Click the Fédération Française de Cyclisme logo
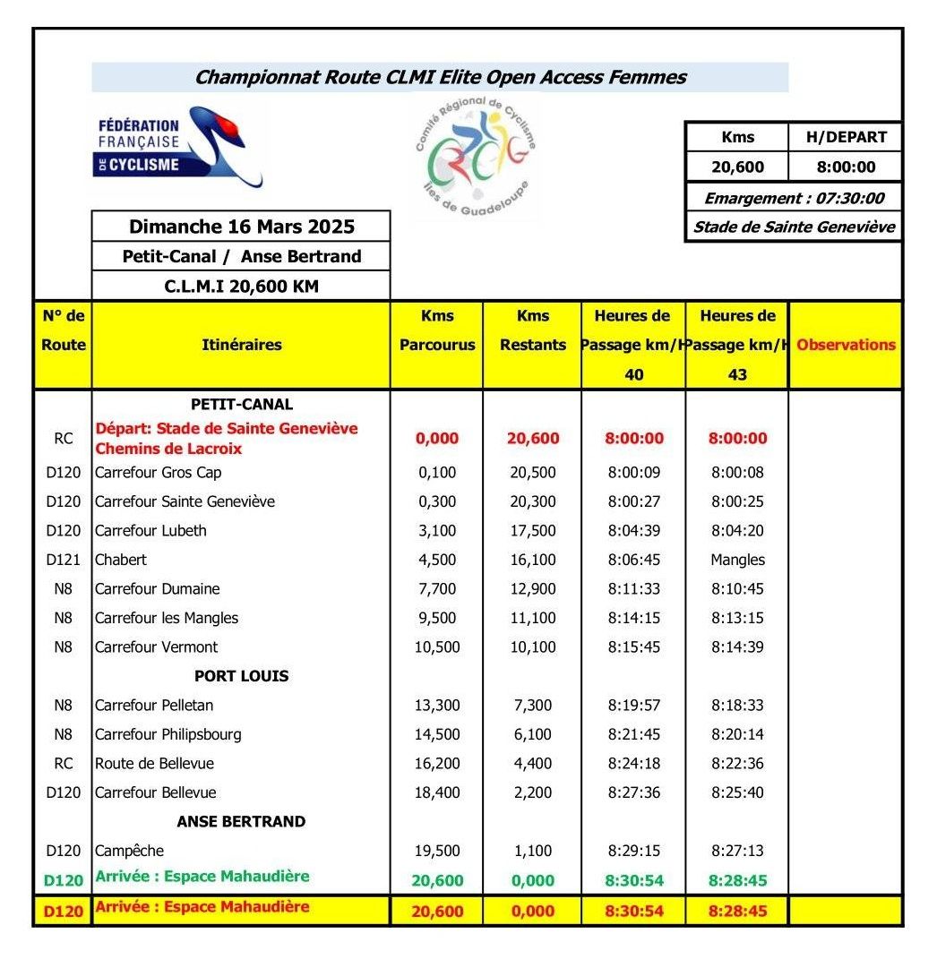click(177, 148)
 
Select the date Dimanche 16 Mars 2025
click(242, 227)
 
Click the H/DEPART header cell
click(845, 137)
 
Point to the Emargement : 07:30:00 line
click(794, 198)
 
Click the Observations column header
click(846, 345)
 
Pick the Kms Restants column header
click(533, 330)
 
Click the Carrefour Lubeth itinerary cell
click(150, 530)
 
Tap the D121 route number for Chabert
click(64, 560)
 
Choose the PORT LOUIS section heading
click(242, 676)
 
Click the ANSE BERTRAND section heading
click(241, 821)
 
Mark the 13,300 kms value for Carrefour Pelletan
click(436, 706)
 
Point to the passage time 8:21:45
click(634, 734)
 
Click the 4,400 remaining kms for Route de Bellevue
click(533, 764)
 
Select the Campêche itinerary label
click(129, 851)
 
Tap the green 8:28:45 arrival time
click(737, 880)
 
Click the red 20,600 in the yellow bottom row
click(437, 912)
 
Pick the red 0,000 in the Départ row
click(436, 438)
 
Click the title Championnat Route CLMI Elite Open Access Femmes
click(441, 77)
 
